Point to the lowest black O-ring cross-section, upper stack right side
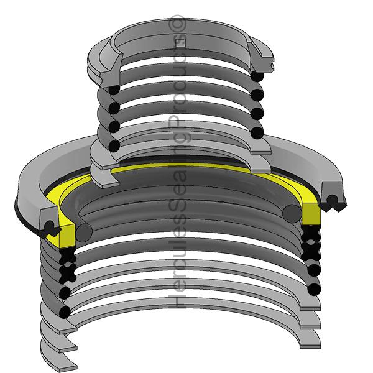pyautogui.click(x=257, y=132)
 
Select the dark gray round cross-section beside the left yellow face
pyautogui.click(x=84, y=232)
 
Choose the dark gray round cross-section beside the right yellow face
pyautogui.click(x=290, y=214)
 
